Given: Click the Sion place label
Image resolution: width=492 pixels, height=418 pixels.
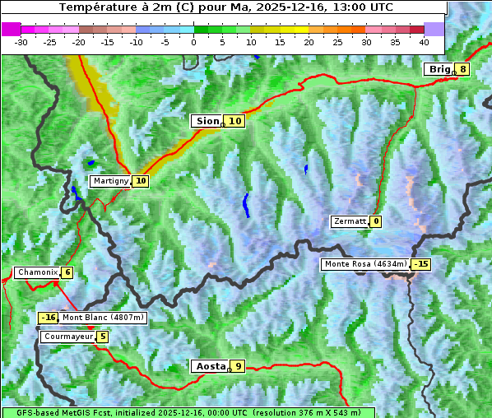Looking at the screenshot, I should [207, 121].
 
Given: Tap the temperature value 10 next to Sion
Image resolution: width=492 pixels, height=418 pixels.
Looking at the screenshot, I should [235, 121].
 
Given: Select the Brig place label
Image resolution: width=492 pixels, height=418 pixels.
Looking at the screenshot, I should [439, 69].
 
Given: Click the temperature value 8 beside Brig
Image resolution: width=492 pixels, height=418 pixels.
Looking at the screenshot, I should [463, 69].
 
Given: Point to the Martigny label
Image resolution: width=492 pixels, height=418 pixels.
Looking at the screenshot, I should [110, 181].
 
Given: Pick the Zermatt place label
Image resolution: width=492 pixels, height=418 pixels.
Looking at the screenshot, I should [350, 221].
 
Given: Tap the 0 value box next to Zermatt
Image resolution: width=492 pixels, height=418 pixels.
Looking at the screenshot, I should [376, 221].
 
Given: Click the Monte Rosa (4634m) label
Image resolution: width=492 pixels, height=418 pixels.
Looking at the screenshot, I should [365, 264].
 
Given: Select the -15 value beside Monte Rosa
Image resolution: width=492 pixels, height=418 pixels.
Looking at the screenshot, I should [421, 264].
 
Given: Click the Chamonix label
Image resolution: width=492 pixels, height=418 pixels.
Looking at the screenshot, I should [37, 272].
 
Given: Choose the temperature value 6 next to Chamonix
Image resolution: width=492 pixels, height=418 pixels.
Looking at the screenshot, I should [67, 272].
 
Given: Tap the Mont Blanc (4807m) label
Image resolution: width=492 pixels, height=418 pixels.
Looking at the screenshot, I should [102, 318].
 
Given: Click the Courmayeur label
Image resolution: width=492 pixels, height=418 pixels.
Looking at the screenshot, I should [67, 337].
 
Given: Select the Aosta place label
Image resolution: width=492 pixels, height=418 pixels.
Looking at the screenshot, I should [209, 366].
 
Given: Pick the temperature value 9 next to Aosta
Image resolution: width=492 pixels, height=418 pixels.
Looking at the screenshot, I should [238, 366].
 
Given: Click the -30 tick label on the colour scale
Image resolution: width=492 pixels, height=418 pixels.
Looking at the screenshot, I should [21, 41].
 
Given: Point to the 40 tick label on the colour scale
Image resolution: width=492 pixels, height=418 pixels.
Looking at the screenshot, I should [424, 41].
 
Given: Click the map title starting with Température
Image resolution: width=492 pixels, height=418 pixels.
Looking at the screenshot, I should [225, 7].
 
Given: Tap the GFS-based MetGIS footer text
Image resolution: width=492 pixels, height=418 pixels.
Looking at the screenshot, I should [188, 412].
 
